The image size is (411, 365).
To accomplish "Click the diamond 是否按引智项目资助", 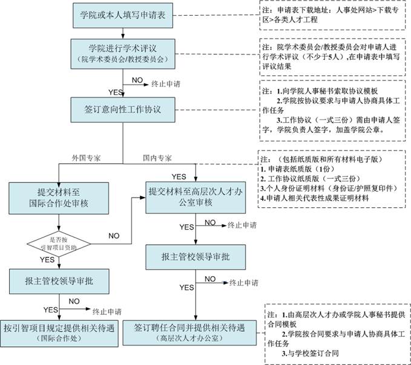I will (x=59, y=244).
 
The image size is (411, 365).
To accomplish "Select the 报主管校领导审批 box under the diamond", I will (x=59, y=281).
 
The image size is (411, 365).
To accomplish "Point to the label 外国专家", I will (x=85, y=158).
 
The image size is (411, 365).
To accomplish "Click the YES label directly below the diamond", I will (x=47, y=259).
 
